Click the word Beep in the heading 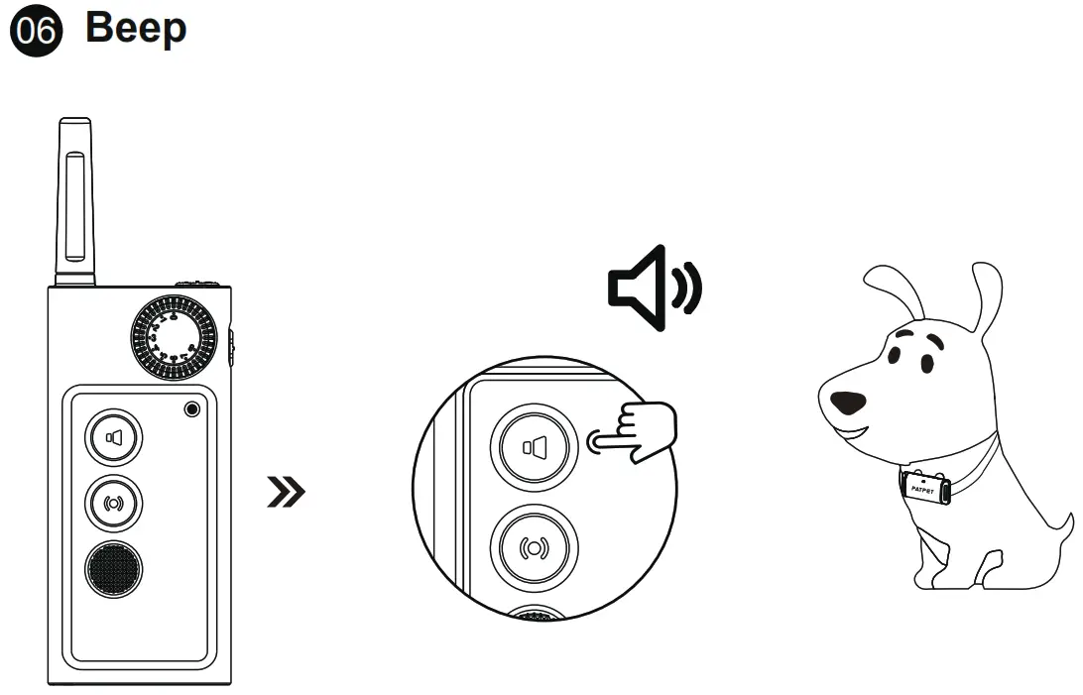(136, 29)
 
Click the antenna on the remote (74, 203)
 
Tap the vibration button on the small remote (113, 504)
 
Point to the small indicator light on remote (191, 409)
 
